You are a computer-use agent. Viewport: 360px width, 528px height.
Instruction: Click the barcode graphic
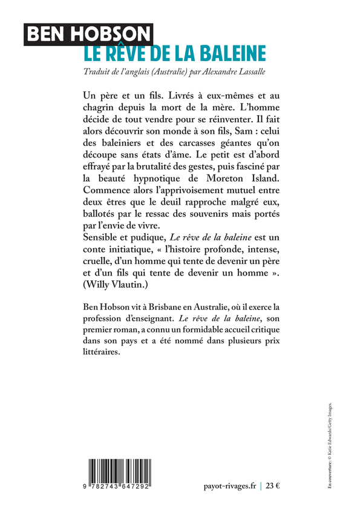118,470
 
